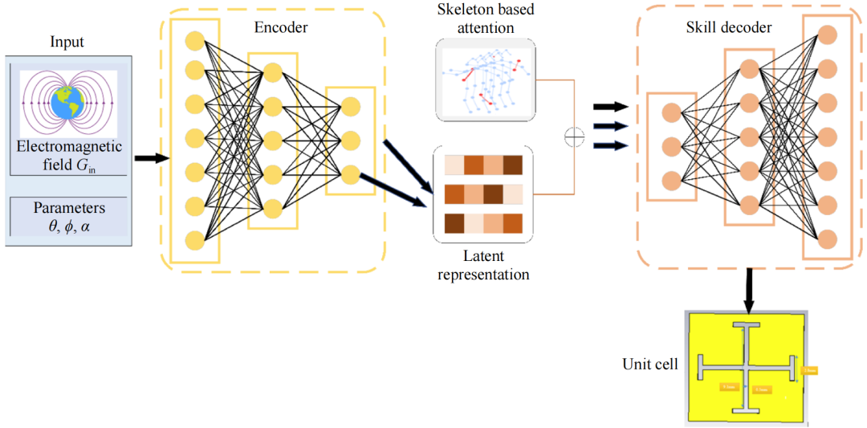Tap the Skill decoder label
coord(729,28)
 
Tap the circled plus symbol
coord(573,137)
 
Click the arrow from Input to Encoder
coord(148,157)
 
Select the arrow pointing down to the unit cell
coord(748,290)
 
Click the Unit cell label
coord(650,364)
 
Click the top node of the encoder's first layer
coord(193,41)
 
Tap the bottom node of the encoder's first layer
coord(193,240)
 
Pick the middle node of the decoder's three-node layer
coord(671,146)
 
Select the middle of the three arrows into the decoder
coord(609,125)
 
